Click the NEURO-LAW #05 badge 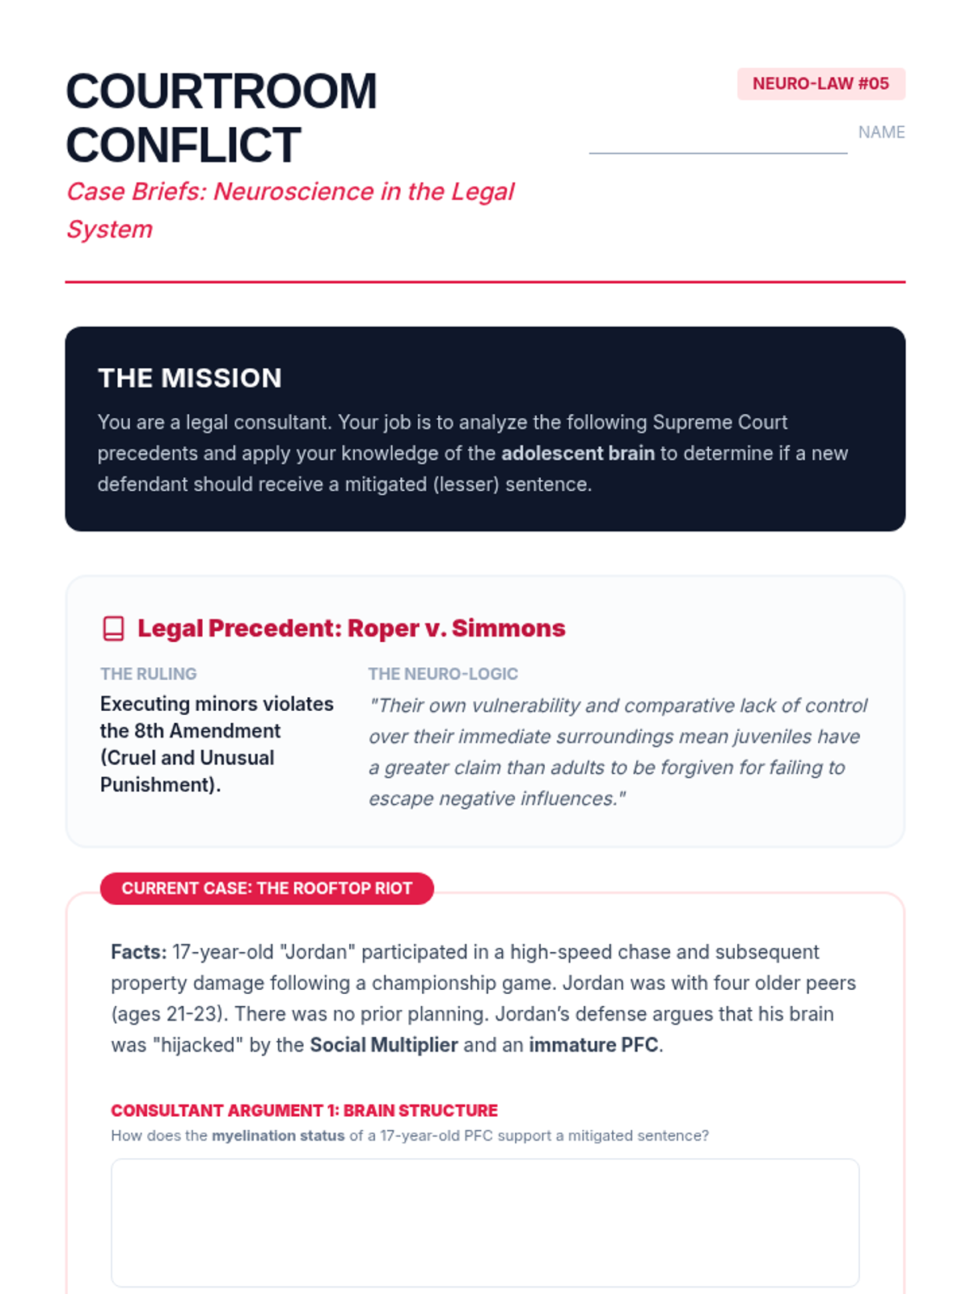pos(820,84)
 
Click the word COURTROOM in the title pos(221,91)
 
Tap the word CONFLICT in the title pos(183,146)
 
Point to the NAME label pos(881,133)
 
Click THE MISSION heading pos(190,378)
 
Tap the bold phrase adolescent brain pos(577,454)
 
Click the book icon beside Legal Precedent pos(114,628)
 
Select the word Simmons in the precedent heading pos(508,628)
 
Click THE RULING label pos(149,674)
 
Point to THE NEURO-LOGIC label pos(443,674)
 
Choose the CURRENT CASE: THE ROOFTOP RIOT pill pos(267,888)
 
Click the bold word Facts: pos(138,952)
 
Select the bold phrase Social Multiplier pos(383,1045)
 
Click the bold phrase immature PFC pos(593,1045)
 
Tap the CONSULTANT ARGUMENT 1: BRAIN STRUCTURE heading pos(304,1110)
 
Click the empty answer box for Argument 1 pos(485,1222)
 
